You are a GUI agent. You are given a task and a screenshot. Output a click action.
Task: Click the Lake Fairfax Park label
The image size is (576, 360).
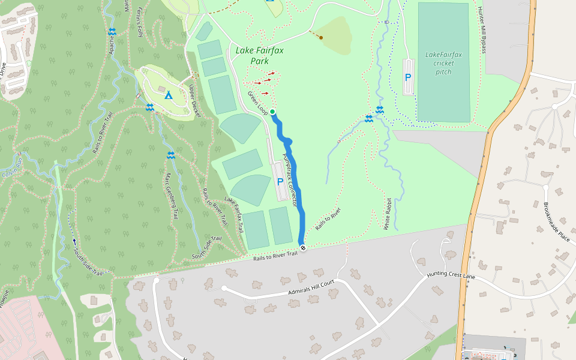click(x=259, y=56)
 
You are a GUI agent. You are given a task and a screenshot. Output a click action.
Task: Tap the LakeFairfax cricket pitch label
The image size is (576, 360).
click(x=443, y=63)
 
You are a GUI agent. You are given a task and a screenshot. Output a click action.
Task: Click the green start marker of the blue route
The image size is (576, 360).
click(x=272, y=112)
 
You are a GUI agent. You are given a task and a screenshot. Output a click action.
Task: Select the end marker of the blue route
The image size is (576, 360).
click(x=303, y=248)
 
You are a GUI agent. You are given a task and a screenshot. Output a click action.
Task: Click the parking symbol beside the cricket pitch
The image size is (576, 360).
click(x=408, y=77)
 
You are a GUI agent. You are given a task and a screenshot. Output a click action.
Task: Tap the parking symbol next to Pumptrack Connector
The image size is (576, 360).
click(x=280, y=181)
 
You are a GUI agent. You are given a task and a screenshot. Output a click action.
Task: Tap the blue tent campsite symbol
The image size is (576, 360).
click(x=169, y=95)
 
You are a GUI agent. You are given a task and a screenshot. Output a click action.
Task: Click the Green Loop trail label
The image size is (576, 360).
click(x=257, y=103)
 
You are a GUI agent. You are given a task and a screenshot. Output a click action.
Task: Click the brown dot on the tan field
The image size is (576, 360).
click(x=322, y=38)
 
